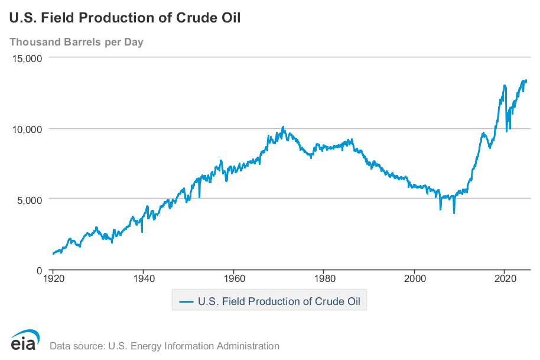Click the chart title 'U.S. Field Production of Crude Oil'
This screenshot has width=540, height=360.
pyautogui.click(x=125, y=18)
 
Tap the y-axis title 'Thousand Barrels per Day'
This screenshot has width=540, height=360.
pyautogui.click(x=76, y=42)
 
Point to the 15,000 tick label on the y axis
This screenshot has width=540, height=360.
pyautogui.click(x=27, y=59)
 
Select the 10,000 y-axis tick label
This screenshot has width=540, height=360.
pyautogui.click(x=27, y=129)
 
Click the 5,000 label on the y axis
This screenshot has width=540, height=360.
pyautogui.click(x=30, y=200)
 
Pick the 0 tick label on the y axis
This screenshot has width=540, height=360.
pyautogui.click(x=39, y=271)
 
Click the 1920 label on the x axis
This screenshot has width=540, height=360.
pyautogui.click(x=53, y=278)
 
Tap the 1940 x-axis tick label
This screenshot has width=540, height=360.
pyautogui.click(x=144, y=278)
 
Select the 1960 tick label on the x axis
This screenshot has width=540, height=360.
pyautogui.click(x=234, y=278)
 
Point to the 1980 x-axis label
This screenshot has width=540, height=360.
pyautogui.click(x=324, y=278)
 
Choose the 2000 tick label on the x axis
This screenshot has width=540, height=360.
pyautogui.click(x=415, y=278)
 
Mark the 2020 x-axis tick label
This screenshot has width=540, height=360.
pyautogui.click(x=505, y=278)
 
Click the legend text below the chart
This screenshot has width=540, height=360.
pyautogui.click(x=279, y=301)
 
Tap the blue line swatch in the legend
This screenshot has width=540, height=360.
pyautogui.click(x=186, y=302)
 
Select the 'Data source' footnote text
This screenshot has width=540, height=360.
pyautogui.click(x=165, y=346)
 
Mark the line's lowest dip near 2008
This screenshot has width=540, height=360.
pyautogui.click(x=454, y=213)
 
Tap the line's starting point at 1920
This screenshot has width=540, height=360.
pyautogui.click(x=53, y=254)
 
